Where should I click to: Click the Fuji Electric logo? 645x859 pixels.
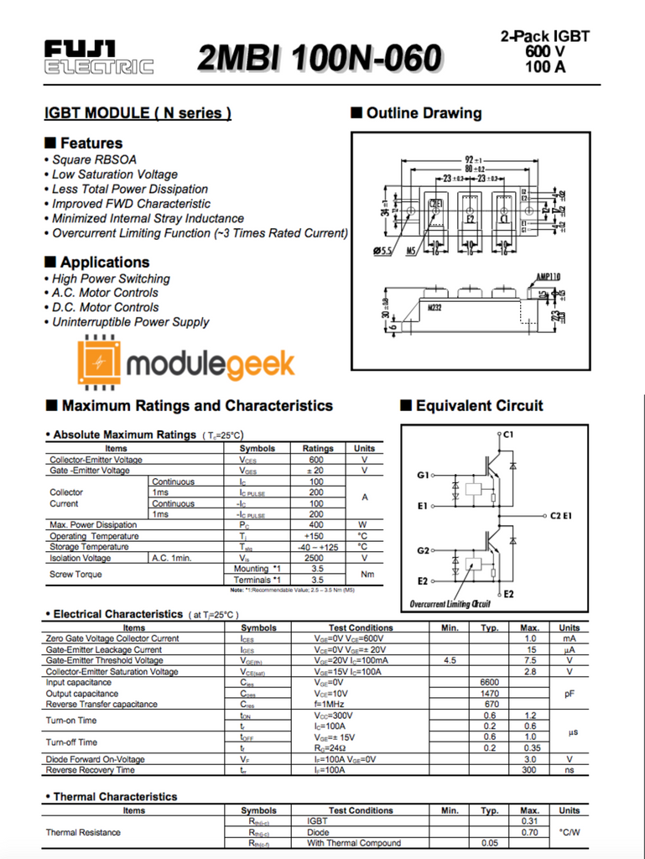tap(99, 57)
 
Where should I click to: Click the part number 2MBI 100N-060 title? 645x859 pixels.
tap(320, 59)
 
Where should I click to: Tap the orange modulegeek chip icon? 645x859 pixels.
tap(100, 362)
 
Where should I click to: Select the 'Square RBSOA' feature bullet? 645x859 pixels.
tap(94, 159)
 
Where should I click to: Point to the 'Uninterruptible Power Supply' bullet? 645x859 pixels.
tap(130, 322)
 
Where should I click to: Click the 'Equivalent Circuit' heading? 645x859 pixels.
tap(479, 406)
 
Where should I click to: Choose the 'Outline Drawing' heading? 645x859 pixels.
tap(424, 113)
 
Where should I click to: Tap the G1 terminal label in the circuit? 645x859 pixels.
tap(423, 476)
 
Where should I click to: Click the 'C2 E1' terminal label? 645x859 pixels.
tap(561, 515)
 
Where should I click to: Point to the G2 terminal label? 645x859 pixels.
tap(423, 551)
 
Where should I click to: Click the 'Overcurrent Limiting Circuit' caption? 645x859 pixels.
tap(450, 604)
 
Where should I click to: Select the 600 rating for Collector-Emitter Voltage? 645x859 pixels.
tap(316, 460)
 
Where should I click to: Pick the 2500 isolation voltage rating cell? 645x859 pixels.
tap(316, 558)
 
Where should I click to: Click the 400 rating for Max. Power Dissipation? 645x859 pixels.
tap(316, 525)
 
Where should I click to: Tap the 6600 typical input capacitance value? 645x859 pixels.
tap(490, 683)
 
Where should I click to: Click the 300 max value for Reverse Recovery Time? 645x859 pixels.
tap(529, 770)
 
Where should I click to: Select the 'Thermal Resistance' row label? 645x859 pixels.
tap(83, 832)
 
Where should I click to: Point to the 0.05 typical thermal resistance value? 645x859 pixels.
tap(490, 843)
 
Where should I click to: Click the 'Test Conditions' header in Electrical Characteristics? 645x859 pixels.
tap(361, 627)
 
